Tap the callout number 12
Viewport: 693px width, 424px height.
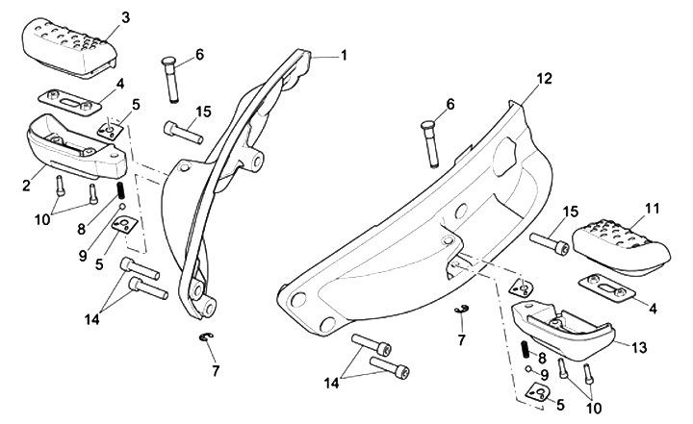pyautogui.click(x=544, y=79)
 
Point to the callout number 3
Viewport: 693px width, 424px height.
pyautogui.click(x=123, y=18)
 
